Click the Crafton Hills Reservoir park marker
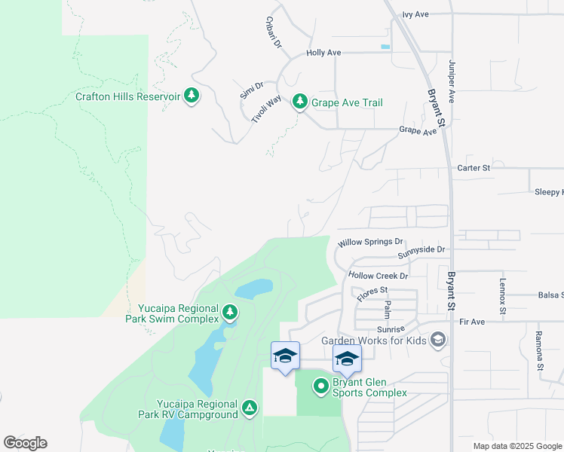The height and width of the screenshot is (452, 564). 192,96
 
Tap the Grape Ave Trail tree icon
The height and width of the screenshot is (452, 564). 300,101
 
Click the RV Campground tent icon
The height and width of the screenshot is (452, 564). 250,408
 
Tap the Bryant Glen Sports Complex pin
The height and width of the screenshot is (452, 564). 320,387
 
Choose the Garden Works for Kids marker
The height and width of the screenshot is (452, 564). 438,341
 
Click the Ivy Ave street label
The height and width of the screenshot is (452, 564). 415,14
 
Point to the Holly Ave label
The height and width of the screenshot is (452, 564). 323,53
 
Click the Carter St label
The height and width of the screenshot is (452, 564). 474,168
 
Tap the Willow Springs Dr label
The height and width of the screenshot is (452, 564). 370,242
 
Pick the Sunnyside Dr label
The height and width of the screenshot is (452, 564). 421,249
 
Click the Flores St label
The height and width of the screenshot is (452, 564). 372,291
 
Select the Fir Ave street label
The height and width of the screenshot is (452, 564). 471,322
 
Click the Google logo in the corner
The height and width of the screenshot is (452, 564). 25,443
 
